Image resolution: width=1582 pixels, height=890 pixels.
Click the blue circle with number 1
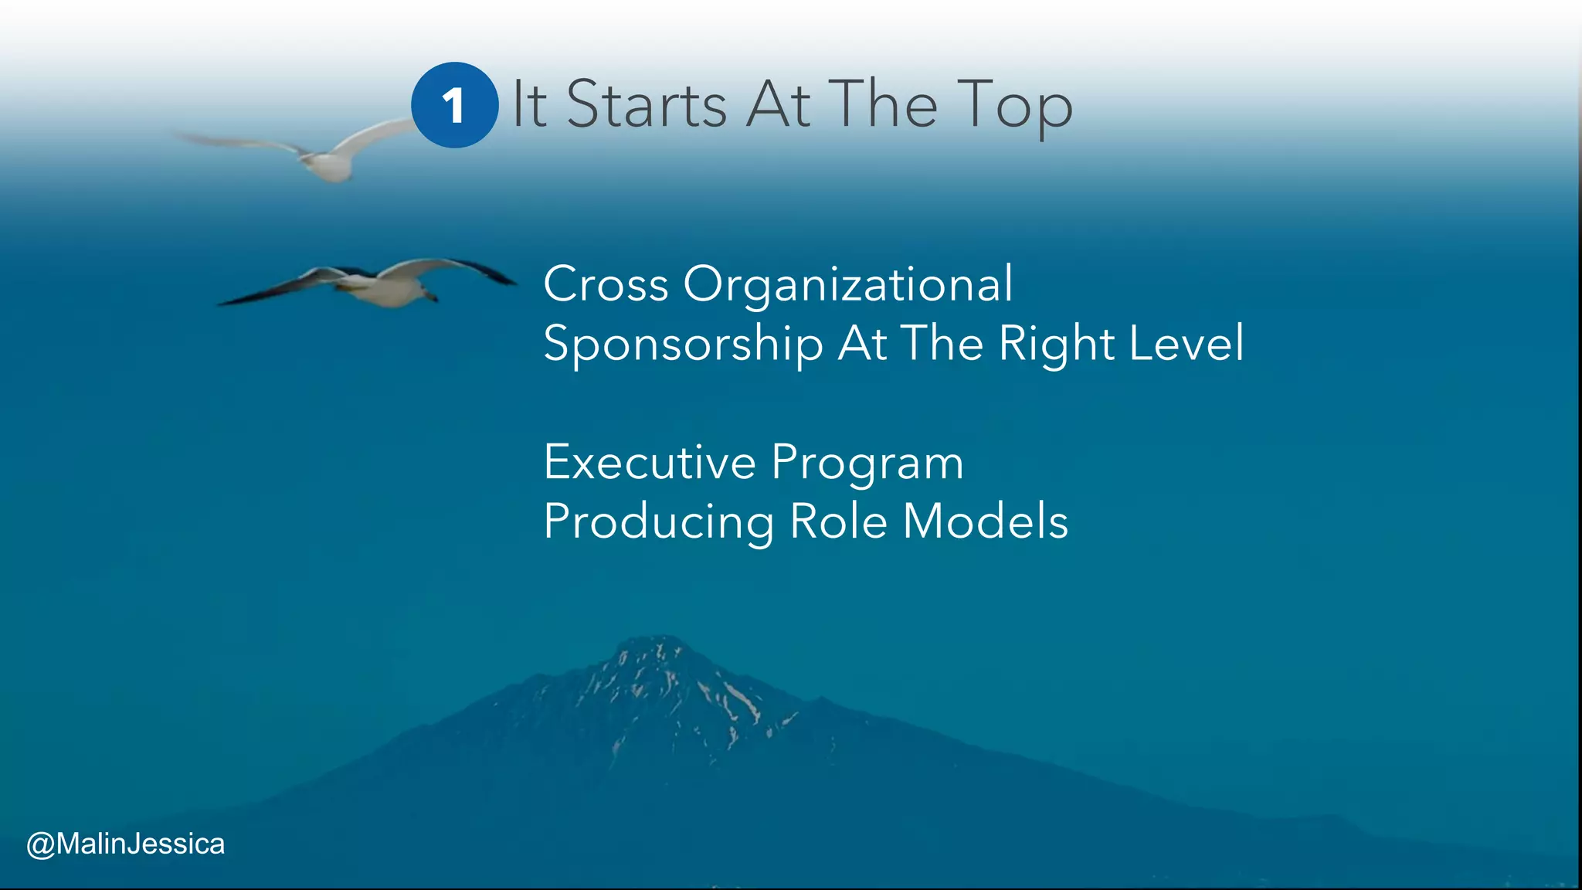[x=454, y=105]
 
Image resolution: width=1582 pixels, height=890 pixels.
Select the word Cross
[x=606, y=284]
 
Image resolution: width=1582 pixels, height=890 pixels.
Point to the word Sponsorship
[x=683, y=345]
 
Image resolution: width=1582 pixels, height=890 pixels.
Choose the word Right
[x=1055, y=345]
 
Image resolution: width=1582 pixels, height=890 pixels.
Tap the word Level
[x=1186, y=343]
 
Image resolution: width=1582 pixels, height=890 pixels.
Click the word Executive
[x=649, y=463]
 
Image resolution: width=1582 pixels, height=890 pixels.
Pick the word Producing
[x=658, y=523]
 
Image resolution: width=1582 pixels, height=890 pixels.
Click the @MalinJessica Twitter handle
[x=125, y=844]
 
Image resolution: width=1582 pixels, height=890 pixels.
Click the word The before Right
[x=942, y=343]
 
